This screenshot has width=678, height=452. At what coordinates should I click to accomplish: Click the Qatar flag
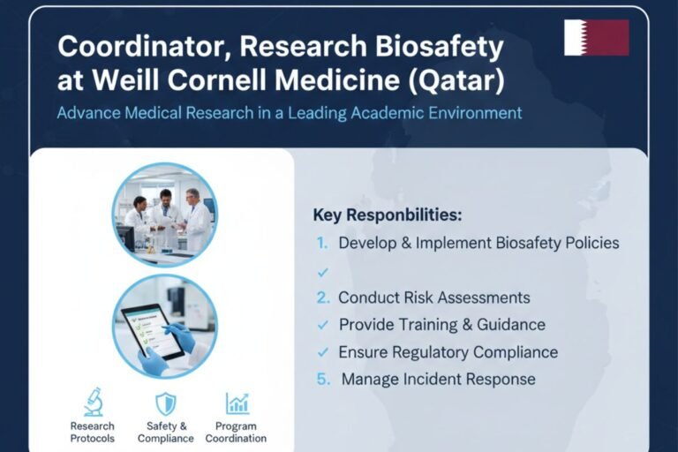click(x=597, y=38)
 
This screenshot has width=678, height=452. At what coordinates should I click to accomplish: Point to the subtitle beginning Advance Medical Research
click(x=290, y=113)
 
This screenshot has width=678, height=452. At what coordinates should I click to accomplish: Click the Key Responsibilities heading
click(x=388, y=215)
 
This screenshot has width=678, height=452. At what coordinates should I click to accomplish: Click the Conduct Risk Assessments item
click(x=433, y=298)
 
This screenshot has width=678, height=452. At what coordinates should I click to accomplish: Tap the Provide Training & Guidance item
click(x=441, y=325)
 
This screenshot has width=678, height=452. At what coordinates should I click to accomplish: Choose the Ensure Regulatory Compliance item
click(x=448, y=352)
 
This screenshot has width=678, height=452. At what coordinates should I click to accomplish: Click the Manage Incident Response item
click(x=438, y=380)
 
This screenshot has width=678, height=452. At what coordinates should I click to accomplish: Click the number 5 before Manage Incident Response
click(x=322, y=380)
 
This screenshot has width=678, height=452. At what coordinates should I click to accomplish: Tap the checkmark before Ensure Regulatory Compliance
click(x=322, y=352)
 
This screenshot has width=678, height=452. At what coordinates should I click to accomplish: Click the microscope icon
click(x=93, y=403)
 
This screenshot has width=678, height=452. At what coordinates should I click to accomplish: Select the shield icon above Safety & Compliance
click(x=165, y=403)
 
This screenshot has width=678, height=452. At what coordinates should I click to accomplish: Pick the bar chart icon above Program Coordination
click(x=237, y=403)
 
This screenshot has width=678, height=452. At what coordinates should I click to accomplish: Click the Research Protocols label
click(x=93, y=432)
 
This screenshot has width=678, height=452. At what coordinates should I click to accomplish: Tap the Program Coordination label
click(x=236, y=432)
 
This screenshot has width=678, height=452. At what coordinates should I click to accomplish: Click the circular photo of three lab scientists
click(x=164, y=214)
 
